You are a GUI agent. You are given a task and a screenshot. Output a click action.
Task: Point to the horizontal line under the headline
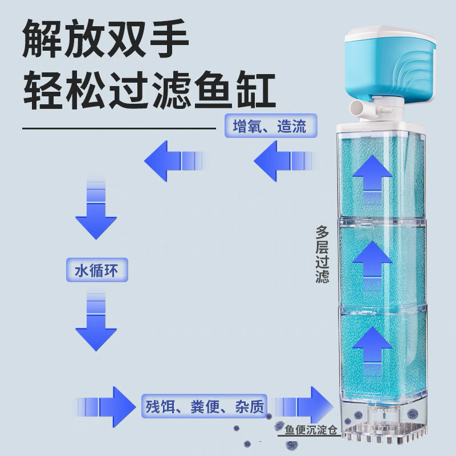click(119, 129)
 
